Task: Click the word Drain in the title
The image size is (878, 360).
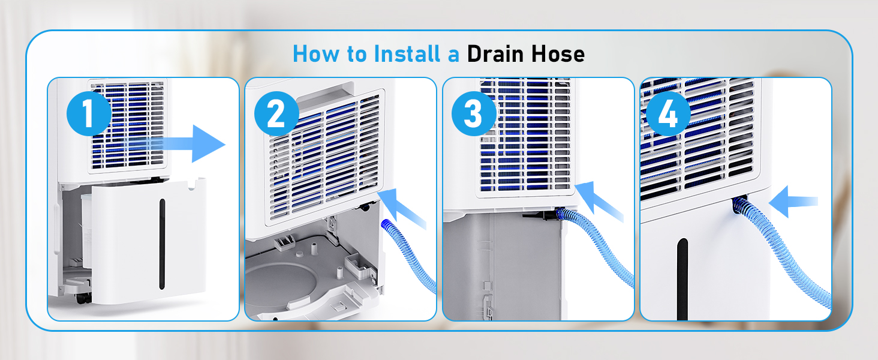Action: [x=495, y=54]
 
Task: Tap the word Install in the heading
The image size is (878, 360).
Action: [x=407, y=54]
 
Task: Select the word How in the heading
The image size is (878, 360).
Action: [x=316, y=54]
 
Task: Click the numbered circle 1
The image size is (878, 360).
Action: [x=89, y=113]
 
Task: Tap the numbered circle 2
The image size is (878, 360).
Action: [x=276, y=113]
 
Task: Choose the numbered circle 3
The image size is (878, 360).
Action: [x=474, y=113]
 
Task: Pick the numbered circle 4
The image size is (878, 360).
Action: [x=668, y=113]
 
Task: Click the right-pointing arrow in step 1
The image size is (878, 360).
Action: [x=176, y=144]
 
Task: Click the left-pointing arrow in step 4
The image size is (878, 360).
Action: [x=793, y=202]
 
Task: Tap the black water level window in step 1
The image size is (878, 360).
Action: [x=162, y=244]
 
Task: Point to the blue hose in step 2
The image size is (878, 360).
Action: [x=408, y=255]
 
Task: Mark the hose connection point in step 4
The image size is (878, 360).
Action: [x=739, y=203]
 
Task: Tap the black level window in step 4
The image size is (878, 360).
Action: [x=682, y=279]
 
